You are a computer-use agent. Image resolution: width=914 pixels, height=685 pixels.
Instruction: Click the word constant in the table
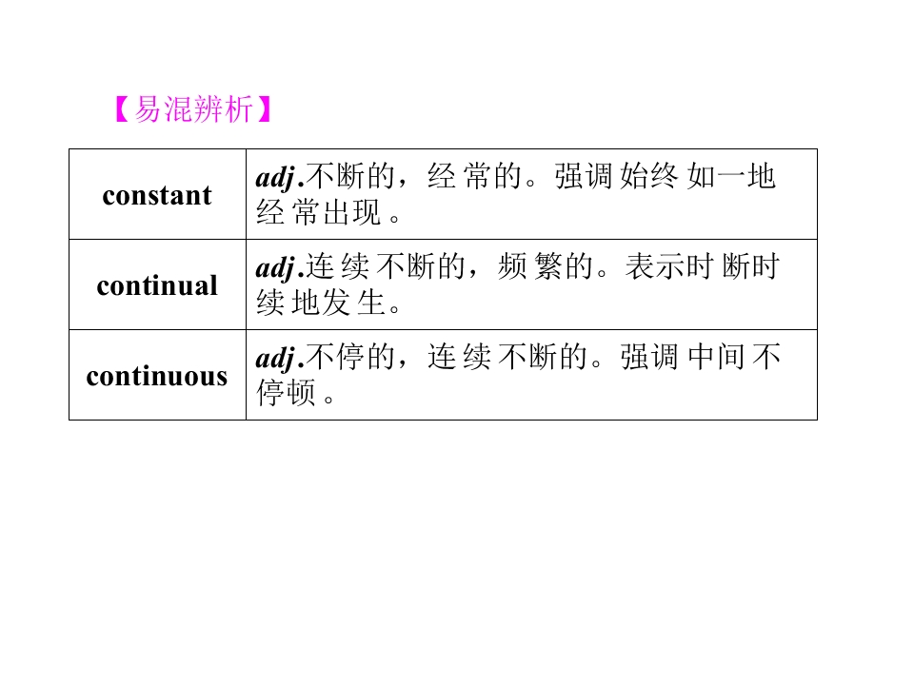157,195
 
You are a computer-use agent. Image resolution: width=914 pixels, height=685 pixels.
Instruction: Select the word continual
157,285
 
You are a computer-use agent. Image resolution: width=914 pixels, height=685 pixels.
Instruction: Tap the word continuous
157,376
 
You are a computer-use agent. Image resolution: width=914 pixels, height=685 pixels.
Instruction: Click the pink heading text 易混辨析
193,108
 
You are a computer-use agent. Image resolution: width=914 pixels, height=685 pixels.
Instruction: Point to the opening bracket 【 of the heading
123,108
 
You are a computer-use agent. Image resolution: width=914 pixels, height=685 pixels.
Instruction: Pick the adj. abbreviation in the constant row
280,178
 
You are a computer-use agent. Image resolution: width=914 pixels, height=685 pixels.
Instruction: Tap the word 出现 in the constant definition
352,212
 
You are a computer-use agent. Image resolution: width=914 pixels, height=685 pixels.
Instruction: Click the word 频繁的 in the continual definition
546,266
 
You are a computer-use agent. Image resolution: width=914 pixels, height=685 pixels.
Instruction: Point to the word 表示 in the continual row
655,266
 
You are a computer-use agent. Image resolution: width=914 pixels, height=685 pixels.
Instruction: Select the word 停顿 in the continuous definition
286,393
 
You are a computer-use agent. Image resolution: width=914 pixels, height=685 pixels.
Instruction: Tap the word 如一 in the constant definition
717,176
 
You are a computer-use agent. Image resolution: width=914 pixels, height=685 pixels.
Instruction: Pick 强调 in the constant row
583,176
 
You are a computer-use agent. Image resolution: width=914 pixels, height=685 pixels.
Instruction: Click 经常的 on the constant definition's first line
474,176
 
